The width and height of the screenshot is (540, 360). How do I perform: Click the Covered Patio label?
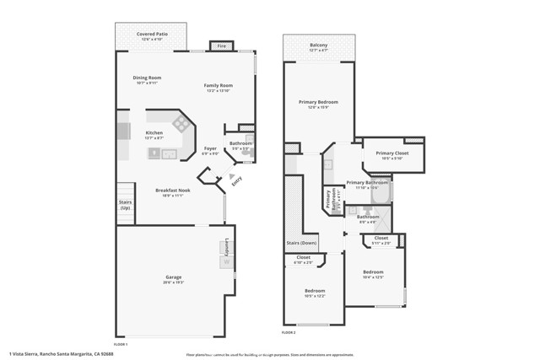pos(152,35)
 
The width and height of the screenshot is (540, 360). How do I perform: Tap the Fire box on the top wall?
pos(222,46)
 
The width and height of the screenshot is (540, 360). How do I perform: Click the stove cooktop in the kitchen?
pos(181,124)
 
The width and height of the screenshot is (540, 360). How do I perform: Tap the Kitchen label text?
pos(154,133)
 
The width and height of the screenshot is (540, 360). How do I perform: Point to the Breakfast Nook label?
pos(172,191)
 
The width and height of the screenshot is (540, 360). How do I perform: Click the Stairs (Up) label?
pos(125,203)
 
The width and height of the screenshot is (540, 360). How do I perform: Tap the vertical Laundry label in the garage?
pos(227,250)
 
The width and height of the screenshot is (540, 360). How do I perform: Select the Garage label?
pos(174,277)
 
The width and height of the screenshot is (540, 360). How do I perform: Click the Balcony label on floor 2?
pos(318,46)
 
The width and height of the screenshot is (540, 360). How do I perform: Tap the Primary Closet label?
pos(391,153)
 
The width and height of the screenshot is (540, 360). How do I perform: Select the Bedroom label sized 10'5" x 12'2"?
pos(315,291)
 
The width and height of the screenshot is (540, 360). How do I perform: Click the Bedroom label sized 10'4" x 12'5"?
pos(373,272)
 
